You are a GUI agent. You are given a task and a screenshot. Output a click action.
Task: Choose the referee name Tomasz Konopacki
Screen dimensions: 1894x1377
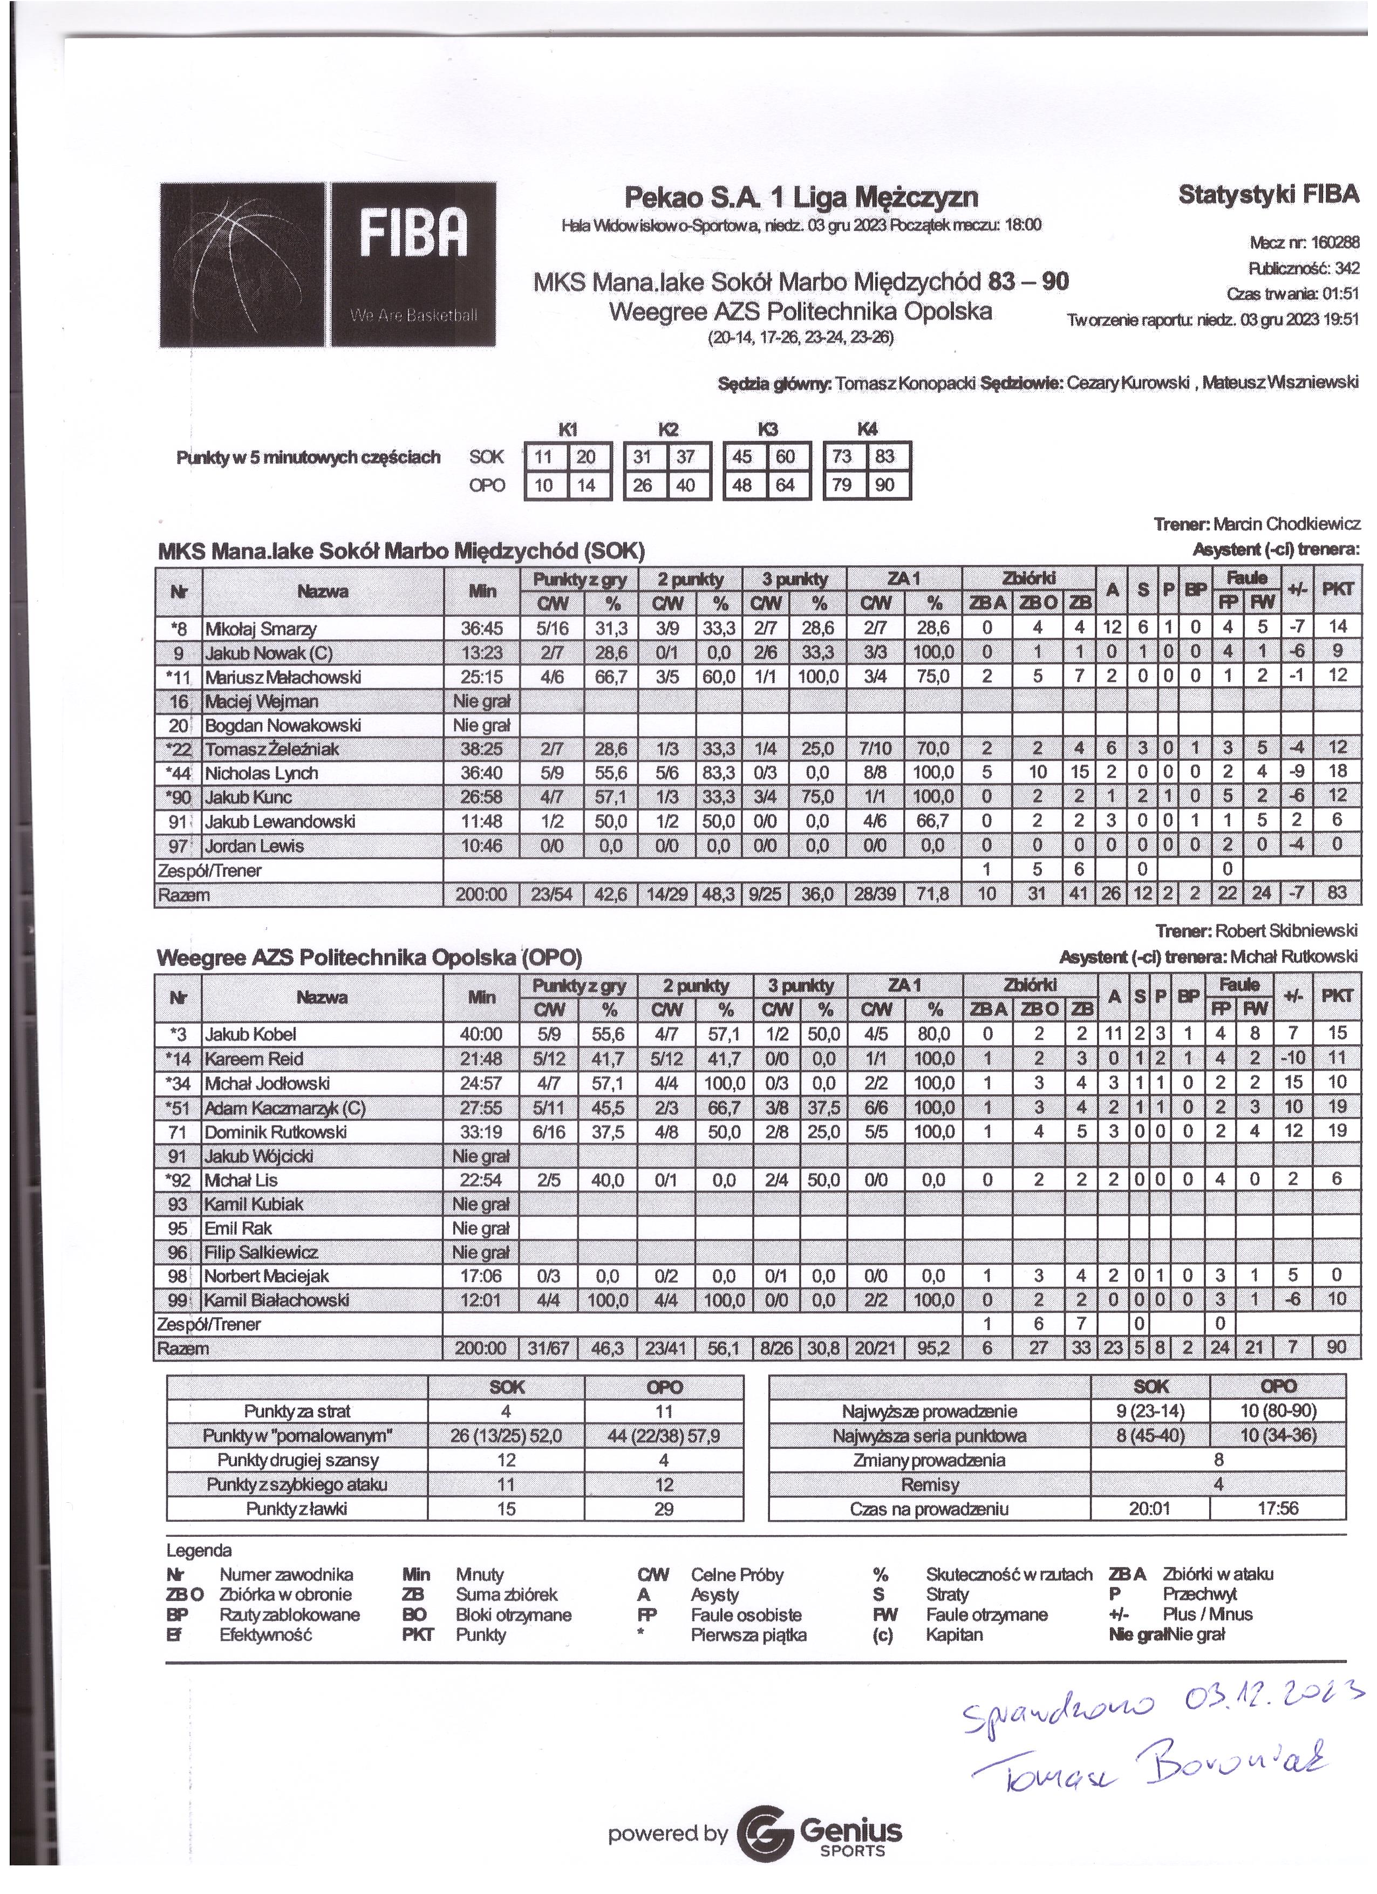pos(906,383)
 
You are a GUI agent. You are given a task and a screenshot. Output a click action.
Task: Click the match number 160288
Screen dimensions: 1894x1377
pos(1335,243)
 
